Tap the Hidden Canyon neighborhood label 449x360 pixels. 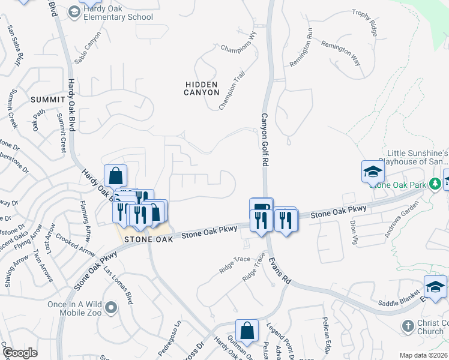point(202,89)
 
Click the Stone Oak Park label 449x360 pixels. point(400,185)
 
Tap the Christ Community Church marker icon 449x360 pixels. point(407,326)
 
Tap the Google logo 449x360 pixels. point(20,353)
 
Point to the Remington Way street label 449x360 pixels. point(340,53)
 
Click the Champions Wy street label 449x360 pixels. point(238,47)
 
